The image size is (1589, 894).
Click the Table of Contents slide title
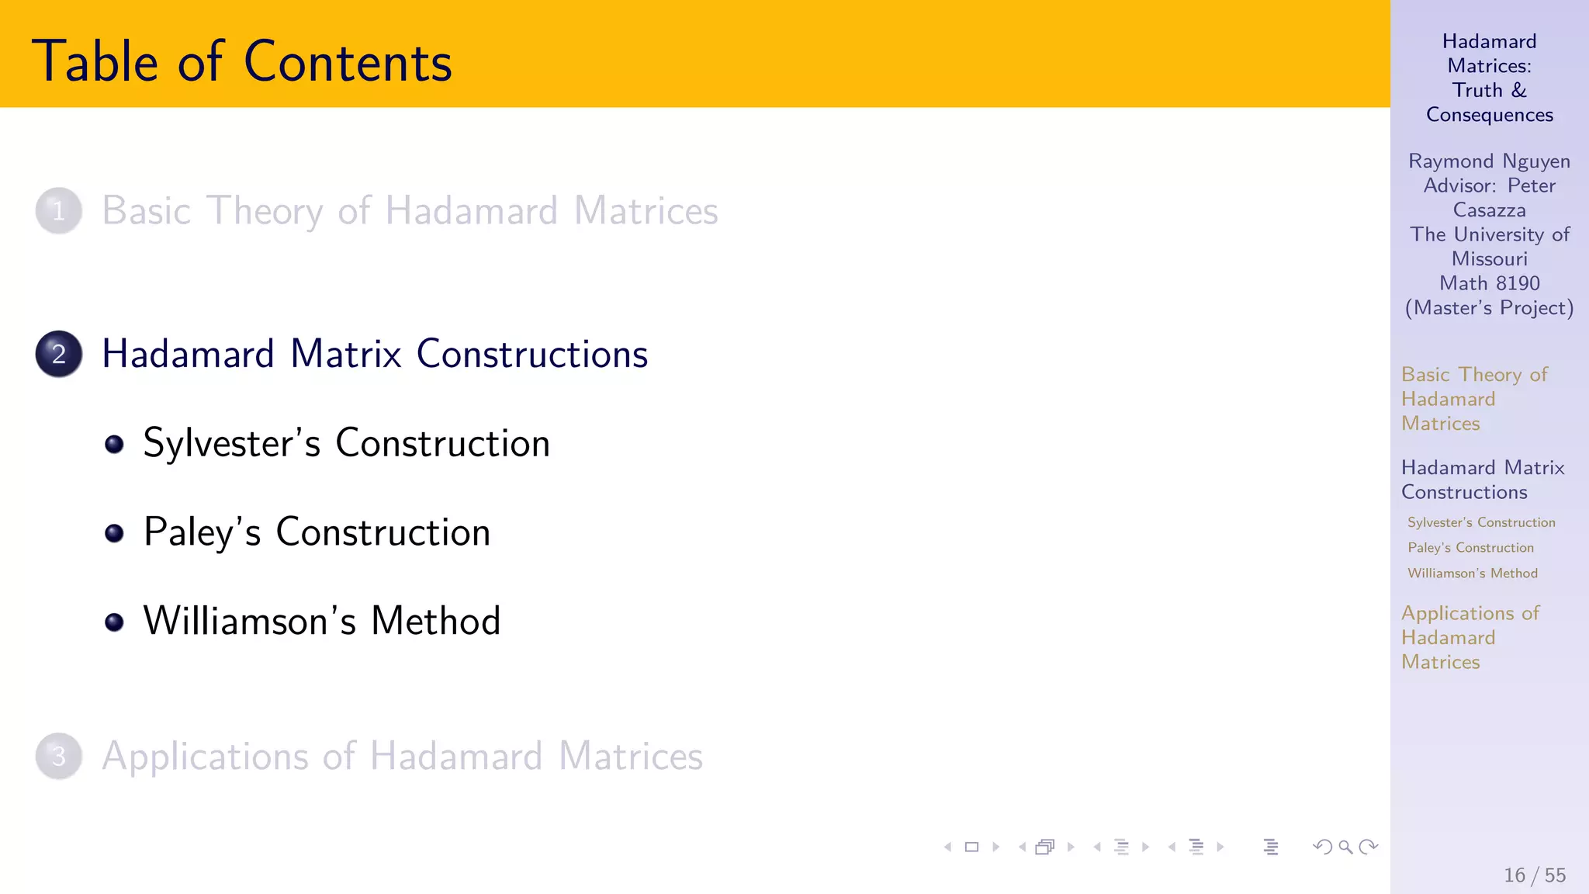(241, 61)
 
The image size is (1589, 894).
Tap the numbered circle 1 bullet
(59, 210)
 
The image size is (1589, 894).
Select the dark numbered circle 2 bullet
(59, 354)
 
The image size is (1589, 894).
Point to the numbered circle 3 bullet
(59, 756)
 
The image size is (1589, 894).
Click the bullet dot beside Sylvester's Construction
(115, 444)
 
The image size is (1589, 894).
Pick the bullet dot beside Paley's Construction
(115, 533)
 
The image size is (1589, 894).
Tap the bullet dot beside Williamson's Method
(115, 622)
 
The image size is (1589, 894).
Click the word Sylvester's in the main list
(231, 444)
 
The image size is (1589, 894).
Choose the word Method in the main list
(435, 622)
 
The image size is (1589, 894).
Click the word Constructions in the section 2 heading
(531, 355)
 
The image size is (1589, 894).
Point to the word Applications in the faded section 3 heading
(205, 757)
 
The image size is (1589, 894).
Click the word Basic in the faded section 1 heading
(147, 211)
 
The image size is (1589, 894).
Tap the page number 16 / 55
(1535, 875)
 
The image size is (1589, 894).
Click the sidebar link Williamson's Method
(1473, 573)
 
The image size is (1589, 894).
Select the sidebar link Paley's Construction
(1470, 548)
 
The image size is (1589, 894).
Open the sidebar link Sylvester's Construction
(1481, 523)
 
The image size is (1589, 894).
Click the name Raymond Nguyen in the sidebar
(1489, 161)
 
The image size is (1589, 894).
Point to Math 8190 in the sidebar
(1489, 283)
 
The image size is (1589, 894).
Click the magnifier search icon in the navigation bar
(1345, 847)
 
